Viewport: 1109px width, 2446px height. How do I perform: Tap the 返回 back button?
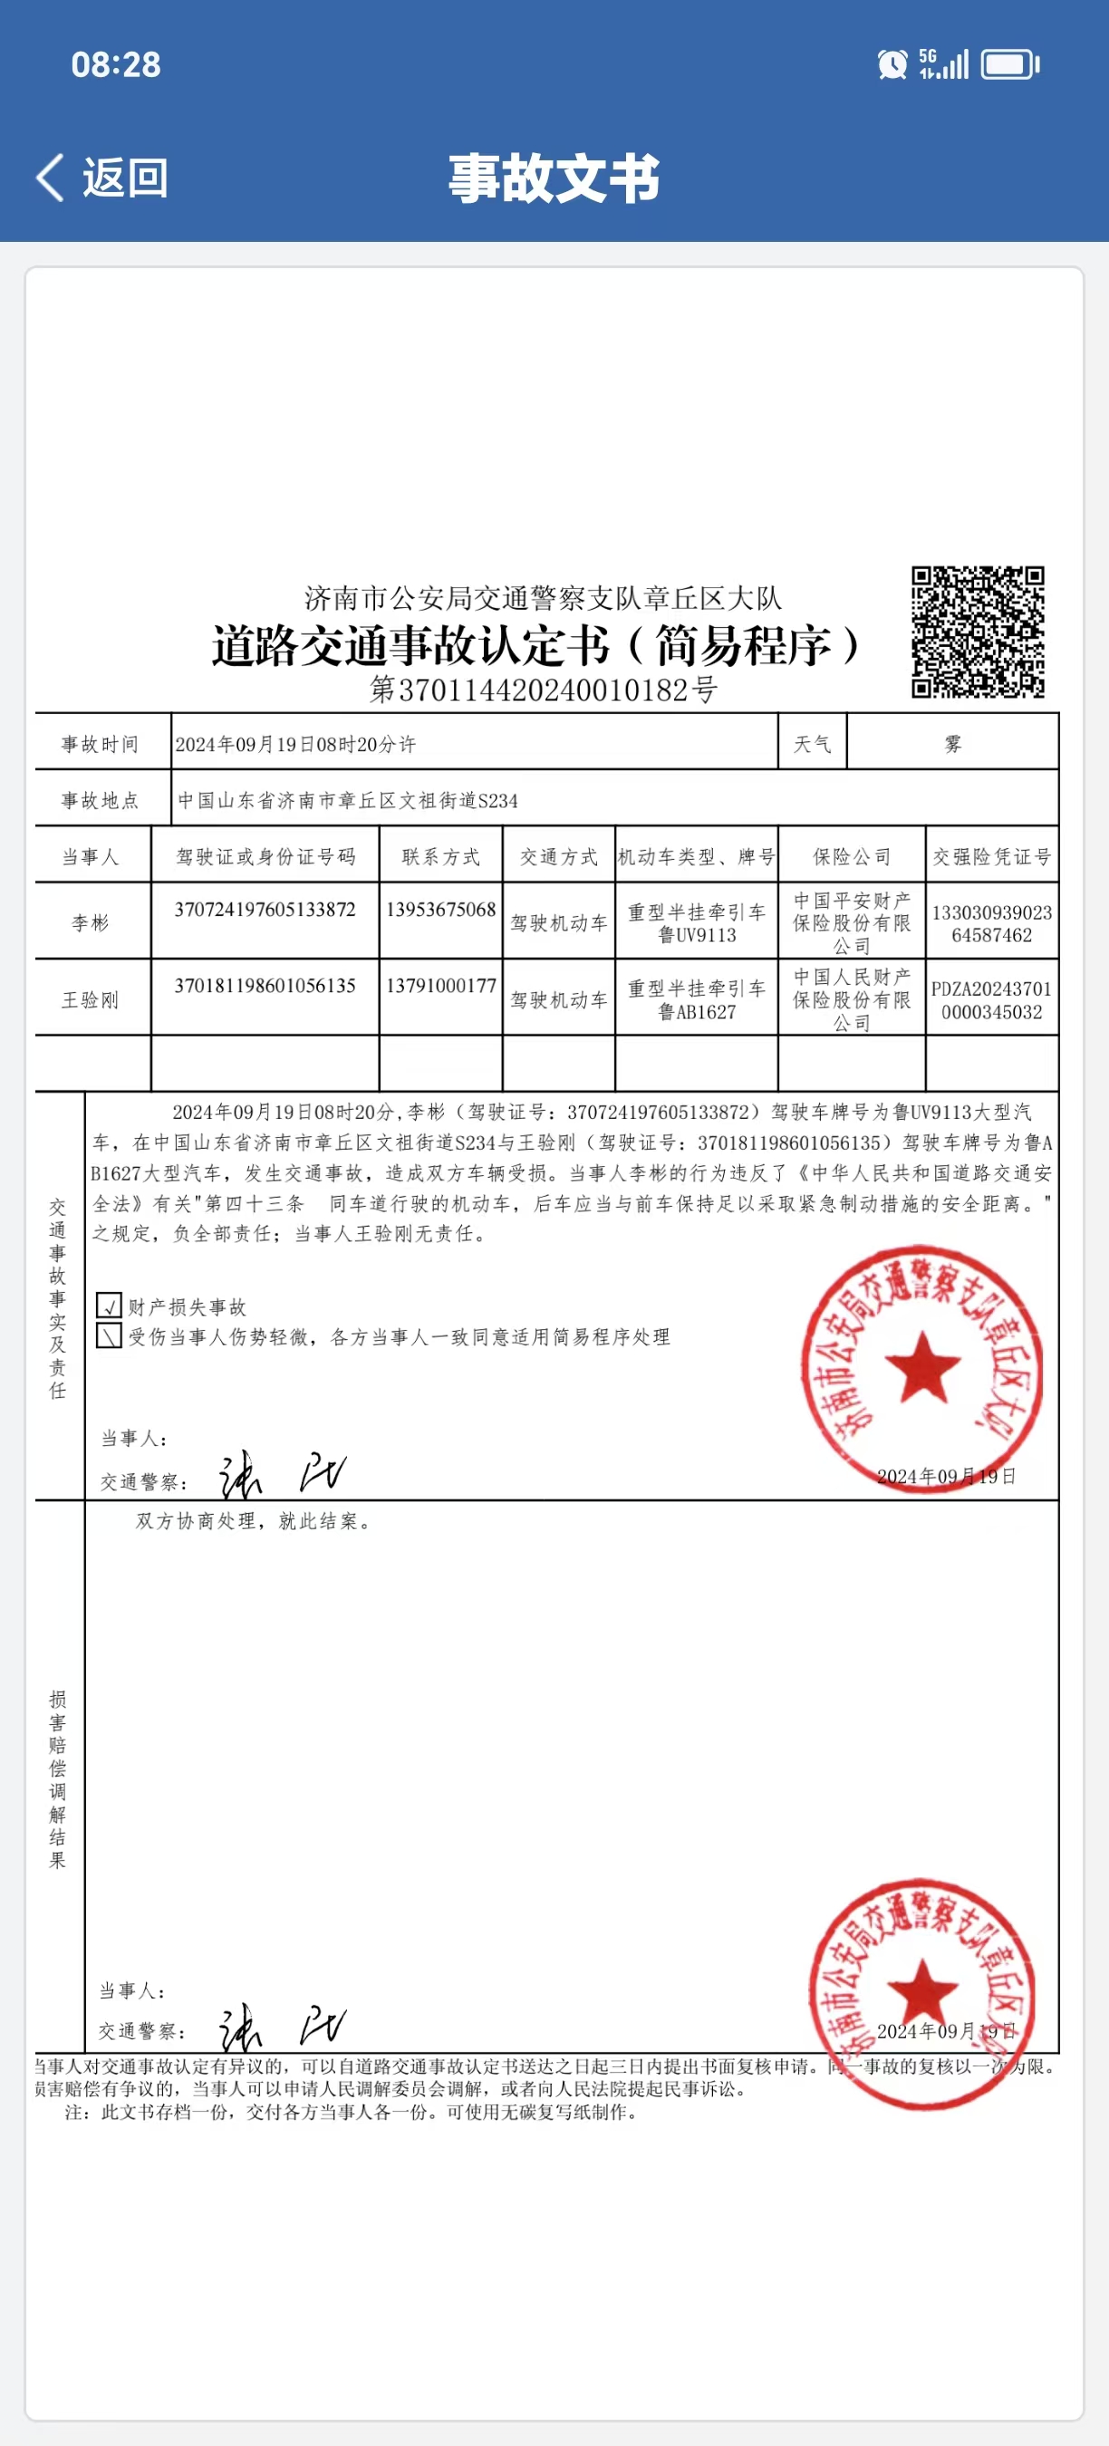point(102,178)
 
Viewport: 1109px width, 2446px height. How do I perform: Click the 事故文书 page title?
point(554,178)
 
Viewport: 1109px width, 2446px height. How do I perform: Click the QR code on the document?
point(977,631)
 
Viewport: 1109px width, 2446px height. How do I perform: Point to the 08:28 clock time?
point(116,64)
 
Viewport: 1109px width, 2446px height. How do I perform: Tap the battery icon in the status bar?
point(1009,64)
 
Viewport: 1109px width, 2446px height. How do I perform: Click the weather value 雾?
point(952,744)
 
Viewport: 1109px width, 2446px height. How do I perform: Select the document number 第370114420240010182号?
point(543,689)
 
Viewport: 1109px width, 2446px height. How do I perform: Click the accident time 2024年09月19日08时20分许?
point(295,745)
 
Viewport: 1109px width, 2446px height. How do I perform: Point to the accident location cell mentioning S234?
point(349,801)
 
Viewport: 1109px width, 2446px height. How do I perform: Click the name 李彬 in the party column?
point(91,922)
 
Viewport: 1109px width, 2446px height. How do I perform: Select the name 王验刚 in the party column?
point(91,1000)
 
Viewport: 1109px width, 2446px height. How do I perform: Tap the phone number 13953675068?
point(440,910)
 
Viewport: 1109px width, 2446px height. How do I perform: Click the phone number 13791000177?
point(440,986)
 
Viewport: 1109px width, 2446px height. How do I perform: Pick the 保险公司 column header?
point(852,856)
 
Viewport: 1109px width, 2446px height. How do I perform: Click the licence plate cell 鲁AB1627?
point(697,1012)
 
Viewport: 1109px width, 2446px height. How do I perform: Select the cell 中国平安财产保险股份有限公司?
point(852,922)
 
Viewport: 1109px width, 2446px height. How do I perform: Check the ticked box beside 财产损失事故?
point(110,1305)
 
